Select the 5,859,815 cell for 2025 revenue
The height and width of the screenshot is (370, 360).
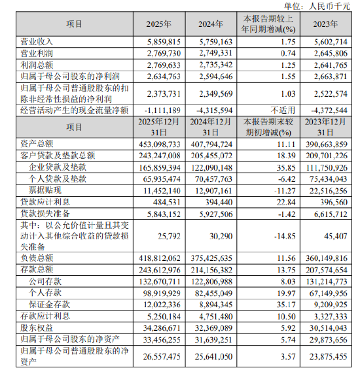point(155,41)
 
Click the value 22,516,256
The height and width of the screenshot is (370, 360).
point(329,189)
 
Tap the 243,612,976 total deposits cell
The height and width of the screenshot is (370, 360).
point(155,269)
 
